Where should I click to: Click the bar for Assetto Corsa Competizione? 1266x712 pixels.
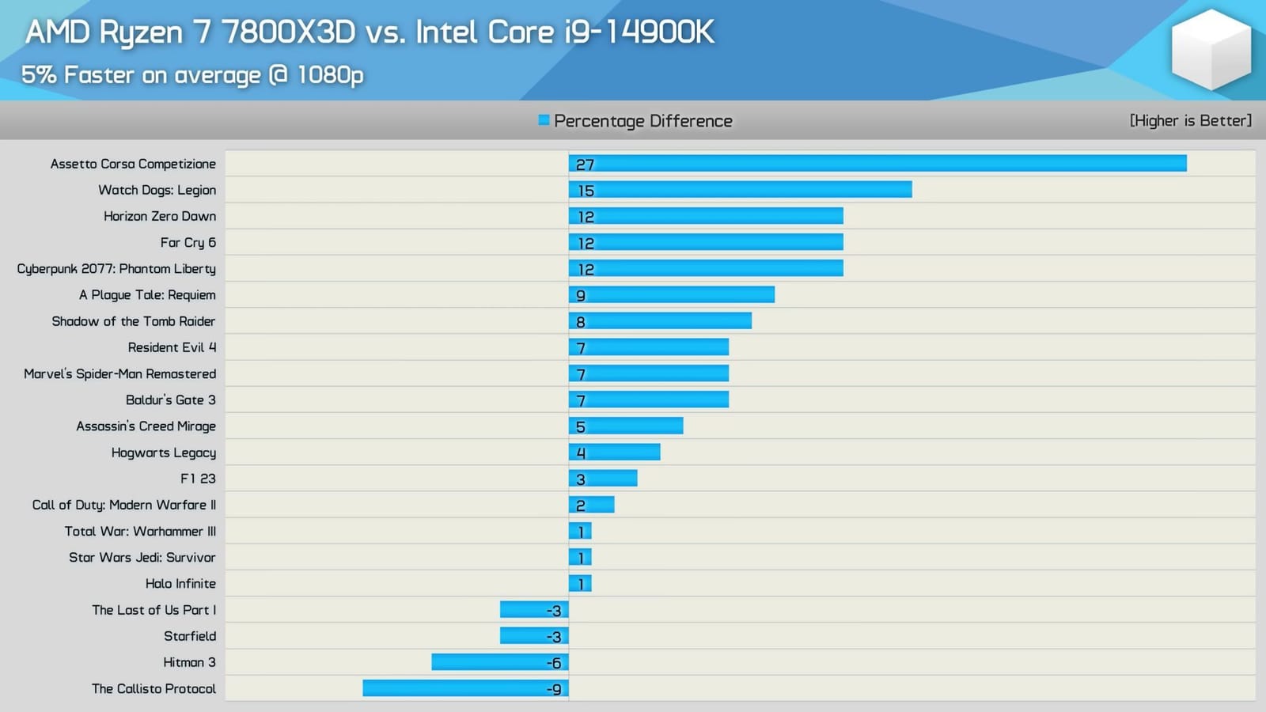pyautogui.click(x=878, y=163)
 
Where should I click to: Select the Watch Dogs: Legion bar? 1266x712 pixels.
pyautogui.click(x=740, y=189)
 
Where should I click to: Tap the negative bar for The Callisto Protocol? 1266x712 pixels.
pyautogui.click(x=465, y=688)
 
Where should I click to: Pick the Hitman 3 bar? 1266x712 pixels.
pyautogui.click(x=499, y=662)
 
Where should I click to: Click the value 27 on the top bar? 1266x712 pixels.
pyautogui.click(x=585, y=165)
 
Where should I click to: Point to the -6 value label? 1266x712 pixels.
pyautogui.click(x=554, y=663)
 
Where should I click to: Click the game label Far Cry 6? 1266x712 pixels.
pyautogui.click(x=188, y=242)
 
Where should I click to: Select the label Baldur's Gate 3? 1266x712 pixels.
pyautogui.click(x=170, y=400)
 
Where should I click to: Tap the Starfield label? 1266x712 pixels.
pyautogui.click(x=189, y=636)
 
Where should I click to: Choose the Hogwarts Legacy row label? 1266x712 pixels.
pyautogui.click(x=163, y=453)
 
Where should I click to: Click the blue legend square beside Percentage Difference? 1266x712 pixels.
pyautogui.click(x=544, y=120)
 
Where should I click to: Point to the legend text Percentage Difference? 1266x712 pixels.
pyautogui.click(x=642, y=121)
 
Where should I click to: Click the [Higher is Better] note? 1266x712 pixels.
pyautogui.click(x=1190, y=120)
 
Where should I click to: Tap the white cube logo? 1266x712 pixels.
pyautogui.click(x=1211, y=49)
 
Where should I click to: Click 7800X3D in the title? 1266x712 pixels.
pyautogui.click(x=288, y=32)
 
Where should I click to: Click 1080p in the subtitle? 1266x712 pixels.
pyautogui.click(x=330, y=74)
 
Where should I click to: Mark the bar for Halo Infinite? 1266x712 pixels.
pyautogui.click(x=580, y=583)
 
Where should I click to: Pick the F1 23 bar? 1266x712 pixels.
pyautogui.click(x=603, y=478)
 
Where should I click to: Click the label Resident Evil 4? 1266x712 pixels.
pyautogui.click(x=172, y=347)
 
